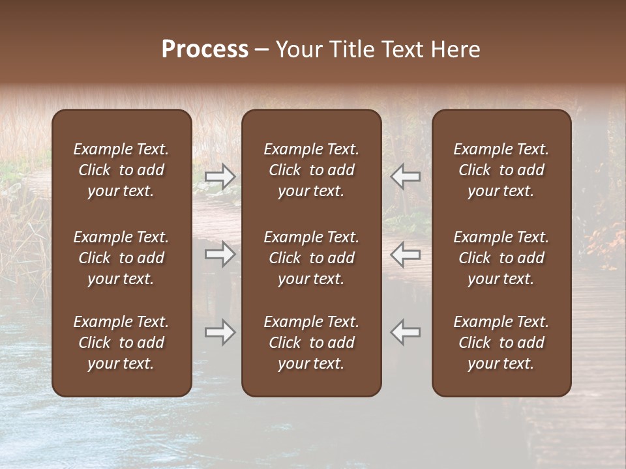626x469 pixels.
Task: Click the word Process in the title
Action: [205, 50]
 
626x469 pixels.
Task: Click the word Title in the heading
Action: [348, 50]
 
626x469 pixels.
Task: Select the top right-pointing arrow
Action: [220, 176]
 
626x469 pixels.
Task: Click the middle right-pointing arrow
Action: [220, 253]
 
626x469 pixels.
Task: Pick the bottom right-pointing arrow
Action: [220, 332]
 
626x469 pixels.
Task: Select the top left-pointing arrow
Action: [406, 176]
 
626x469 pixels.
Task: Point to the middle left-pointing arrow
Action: [406, 253]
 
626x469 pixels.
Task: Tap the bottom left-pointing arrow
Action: [406, 332]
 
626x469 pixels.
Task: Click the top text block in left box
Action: [121, 170]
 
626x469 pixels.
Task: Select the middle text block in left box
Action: [121, 258]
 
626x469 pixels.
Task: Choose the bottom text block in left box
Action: [121, 343]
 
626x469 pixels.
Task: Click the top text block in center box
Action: [312, 170]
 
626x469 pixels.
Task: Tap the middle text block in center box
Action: [312, 258]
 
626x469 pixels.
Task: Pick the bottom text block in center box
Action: [312, 343]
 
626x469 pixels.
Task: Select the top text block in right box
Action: [501, 170]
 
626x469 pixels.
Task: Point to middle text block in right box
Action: [501, 258]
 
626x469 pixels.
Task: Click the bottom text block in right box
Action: [501, 343]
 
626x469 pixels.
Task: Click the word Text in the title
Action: [402, 50]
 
